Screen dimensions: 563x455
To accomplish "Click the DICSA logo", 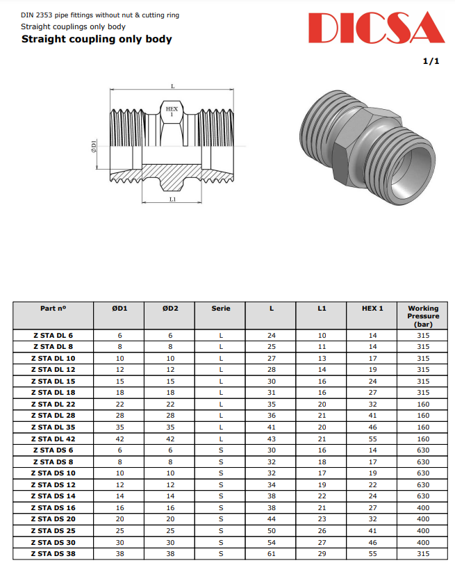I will coord(375,28).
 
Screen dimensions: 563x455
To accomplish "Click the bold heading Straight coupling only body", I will coord(97,39).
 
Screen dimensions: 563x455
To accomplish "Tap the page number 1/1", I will coord(431,62).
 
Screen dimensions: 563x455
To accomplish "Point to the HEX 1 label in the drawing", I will coord(172,111).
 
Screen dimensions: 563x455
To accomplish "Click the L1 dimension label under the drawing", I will coord(172,199).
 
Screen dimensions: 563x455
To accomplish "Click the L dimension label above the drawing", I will coord(172,86).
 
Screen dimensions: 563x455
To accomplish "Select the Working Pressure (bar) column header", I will coord(423,316).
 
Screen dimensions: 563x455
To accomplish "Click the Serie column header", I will coord(221,308).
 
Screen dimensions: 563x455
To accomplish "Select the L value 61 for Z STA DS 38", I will coord(272,554).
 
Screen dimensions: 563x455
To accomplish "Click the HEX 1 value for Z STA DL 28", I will coord(372,416).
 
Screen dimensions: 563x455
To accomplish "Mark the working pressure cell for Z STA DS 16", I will coord(423,508).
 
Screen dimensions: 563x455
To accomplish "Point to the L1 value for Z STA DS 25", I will coord(322,531).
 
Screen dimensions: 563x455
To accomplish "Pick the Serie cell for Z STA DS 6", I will coord(221,450).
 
